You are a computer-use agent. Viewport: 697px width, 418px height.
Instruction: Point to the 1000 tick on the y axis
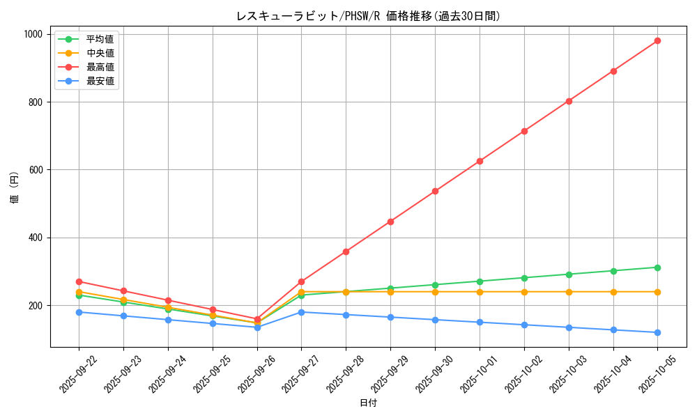point(32,34)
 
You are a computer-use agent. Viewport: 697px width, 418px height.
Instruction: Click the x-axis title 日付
point(368,403)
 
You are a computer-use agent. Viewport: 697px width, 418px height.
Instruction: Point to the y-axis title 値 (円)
point(15,189)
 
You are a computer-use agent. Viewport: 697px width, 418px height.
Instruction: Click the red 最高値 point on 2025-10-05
point(657,40)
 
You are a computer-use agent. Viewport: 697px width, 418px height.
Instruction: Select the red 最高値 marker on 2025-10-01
point(480,161)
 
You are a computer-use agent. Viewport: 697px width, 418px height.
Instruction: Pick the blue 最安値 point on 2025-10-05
point(657,332)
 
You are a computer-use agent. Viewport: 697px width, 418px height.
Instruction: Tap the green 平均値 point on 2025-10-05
point(657,268)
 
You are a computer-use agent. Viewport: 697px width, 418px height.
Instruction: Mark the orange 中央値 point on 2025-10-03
point(569,292)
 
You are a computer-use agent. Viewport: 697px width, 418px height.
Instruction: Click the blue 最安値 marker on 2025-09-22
point(79,312)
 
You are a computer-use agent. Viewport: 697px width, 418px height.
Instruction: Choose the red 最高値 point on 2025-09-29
point(390,222)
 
